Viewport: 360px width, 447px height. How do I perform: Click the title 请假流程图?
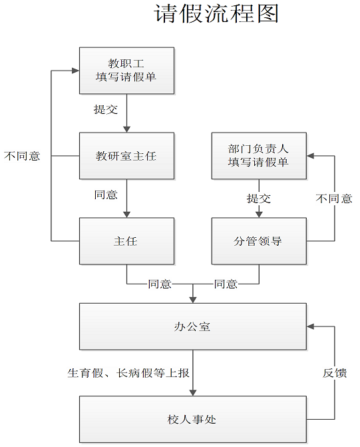(216, 13)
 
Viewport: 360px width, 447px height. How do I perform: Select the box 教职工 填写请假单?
(126, 71)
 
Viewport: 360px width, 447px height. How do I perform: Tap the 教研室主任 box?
(126, 156)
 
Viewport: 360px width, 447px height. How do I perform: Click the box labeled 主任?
(126, 241)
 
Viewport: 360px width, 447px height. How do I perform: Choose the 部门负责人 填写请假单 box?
(259, 156)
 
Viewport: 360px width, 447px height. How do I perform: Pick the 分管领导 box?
(259, 241)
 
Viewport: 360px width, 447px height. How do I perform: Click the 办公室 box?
(193, 326)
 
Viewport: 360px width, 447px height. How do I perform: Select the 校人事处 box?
(193, 419)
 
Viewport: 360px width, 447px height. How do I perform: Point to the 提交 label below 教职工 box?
(106, 109)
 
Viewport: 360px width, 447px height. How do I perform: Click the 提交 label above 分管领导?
(259, 199)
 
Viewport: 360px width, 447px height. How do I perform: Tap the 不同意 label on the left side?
(22, 156)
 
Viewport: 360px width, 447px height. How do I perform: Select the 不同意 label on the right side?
(334, 199)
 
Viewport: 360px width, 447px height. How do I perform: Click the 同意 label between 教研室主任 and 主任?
(106, 195)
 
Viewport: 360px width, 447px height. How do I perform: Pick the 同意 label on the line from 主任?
(160, 284)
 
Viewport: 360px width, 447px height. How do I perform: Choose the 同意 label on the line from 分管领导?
(226, 284)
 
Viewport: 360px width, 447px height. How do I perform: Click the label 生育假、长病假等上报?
(128, 373)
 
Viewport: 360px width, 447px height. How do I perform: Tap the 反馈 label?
(335, 373)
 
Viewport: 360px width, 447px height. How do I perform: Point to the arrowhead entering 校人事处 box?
(193, 392)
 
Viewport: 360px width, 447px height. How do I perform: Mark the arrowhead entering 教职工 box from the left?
(76, 71)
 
